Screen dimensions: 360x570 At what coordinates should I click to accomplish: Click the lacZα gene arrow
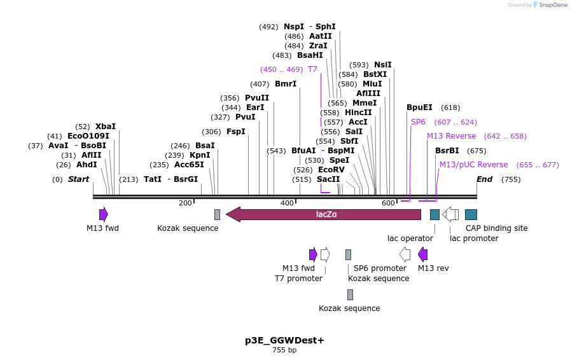323,214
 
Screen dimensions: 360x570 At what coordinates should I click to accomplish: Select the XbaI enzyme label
106,127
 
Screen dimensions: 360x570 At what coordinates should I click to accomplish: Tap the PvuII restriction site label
257,98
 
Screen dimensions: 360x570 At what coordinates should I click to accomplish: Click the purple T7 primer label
312,69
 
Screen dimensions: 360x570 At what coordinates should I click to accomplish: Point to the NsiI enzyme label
383,65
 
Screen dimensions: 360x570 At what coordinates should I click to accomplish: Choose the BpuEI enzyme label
419,107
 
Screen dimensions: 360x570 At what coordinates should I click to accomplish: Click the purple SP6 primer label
418,122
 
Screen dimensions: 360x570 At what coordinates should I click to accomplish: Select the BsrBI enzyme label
447,151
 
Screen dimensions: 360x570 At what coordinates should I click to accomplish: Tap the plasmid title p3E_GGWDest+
284,340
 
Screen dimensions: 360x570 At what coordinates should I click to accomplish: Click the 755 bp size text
284,350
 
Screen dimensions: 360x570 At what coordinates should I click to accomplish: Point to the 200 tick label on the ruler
185,203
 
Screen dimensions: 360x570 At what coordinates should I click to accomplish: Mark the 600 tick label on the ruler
389,203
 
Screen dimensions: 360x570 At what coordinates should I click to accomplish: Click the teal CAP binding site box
471,214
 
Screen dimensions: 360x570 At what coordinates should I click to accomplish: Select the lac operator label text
410,239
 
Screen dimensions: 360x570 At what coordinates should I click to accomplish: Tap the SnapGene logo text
551,5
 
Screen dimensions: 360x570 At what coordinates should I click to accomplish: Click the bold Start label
78,179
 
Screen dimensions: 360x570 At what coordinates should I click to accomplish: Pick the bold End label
485,179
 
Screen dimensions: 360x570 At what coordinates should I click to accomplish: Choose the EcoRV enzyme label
331,170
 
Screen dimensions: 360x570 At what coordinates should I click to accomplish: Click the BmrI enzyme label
286,84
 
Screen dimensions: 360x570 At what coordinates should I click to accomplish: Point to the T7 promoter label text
298,279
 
